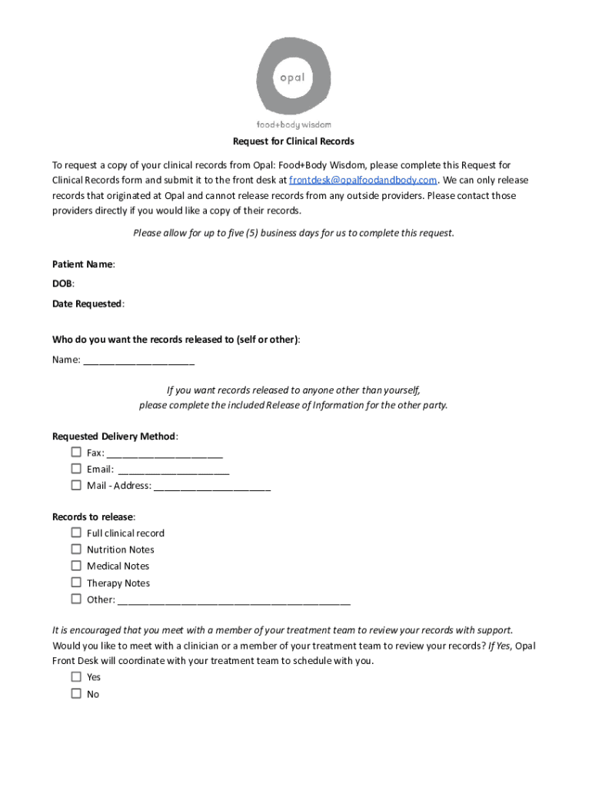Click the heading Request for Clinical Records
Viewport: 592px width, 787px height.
pos(294,141)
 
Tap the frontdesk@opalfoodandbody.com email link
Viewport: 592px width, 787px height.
pos(363,181)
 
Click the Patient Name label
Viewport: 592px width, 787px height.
pos(83,264)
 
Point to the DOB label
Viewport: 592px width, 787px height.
pos(63,284)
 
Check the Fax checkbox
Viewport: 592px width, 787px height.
pos(76,452)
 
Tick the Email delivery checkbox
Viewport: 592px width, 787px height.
pos(76,469)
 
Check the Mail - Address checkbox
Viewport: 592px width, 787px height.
pos(76,485)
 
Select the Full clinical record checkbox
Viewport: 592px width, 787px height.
pos(76,533)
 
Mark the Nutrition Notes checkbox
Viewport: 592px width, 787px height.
pos(76,549)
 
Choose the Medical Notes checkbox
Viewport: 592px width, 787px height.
pos(76,566)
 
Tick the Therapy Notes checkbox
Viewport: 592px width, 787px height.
pos(76,583)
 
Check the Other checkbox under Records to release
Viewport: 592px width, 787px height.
pos(76,599)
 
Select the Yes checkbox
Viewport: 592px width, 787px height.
pos(76,677)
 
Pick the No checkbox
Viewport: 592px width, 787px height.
pos(76,693)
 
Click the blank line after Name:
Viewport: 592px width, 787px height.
pos(138,361)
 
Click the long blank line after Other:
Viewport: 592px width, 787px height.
pos(234,601)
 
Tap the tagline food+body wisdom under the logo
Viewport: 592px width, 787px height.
pos(294,125)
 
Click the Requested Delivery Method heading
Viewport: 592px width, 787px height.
pos(115,437)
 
